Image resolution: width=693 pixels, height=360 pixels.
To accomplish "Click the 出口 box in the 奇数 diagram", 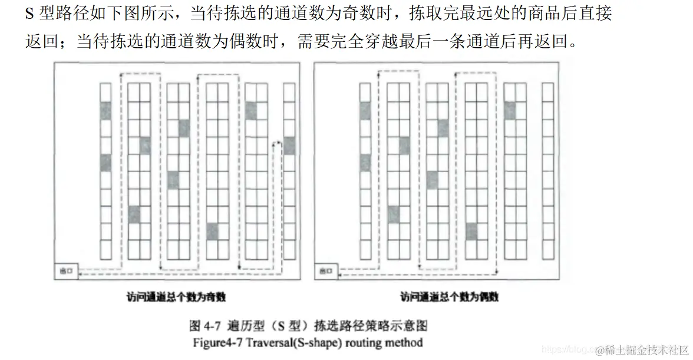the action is pos(65,271).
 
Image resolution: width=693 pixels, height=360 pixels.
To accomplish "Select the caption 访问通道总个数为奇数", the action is pos(177,297).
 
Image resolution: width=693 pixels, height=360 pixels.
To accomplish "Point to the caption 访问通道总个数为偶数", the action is pos(448,297).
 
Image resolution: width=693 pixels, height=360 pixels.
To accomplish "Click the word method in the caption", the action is pos(403,342).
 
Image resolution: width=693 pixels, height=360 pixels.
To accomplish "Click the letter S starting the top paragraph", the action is pos(29,14).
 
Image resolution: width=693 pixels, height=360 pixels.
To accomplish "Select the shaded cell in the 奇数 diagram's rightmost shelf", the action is pos(289,145).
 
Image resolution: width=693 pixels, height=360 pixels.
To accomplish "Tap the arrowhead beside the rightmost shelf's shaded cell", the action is pos(275,144).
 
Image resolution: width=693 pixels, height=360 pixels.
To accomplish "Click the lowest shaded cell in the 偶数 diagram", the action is pos(471,232).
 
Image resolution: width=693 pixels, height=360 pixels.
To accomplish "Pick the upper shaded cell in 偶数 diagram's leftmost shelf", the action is pos(365,110).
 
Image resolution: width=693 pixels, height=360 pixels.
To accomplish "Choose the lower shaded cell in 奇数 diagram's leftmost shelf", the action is pos(105,162).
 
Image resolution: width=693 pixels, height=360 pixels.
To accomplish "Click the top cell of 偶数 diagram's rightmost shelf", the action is pos(547,92).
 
